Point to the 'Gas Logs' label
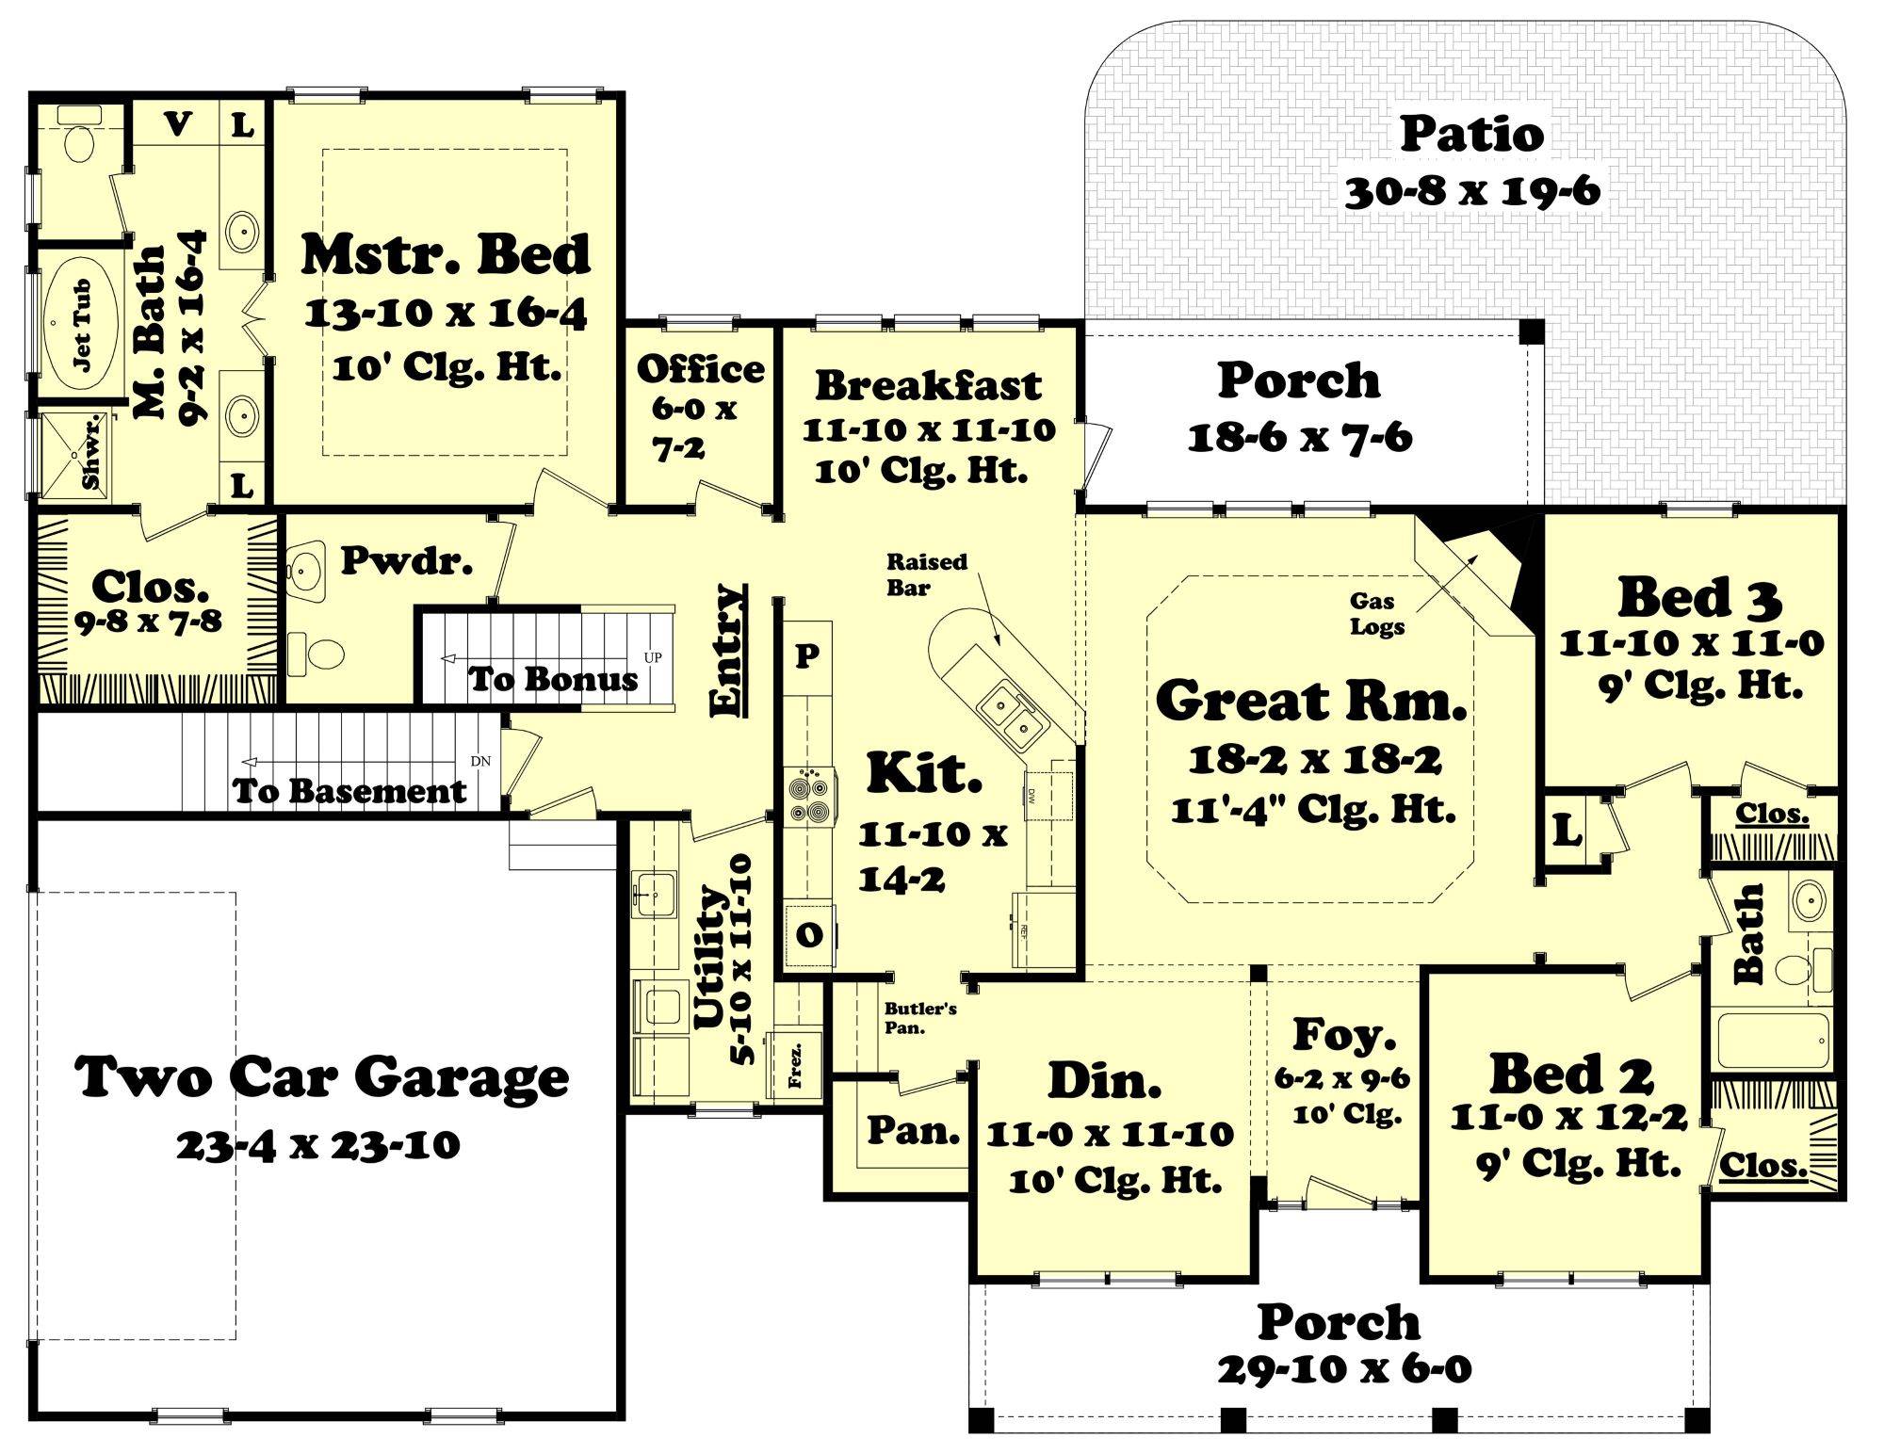click(x=1377, y=613)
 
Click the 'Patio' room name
click(x=1471, y=134)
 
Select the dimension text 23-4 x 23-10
click(x=317, y=1145)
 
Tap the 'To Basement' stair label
click(x=349, y=791)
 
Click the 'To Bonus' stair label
click(x=553, y=679)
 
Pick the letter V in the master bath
click(x=177, y=123)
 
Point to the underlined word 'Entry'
click(x=727, y=651)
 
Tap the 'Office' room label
click(x=700, y=369)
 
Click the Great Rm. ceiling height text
click(x=1313, y=809)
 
